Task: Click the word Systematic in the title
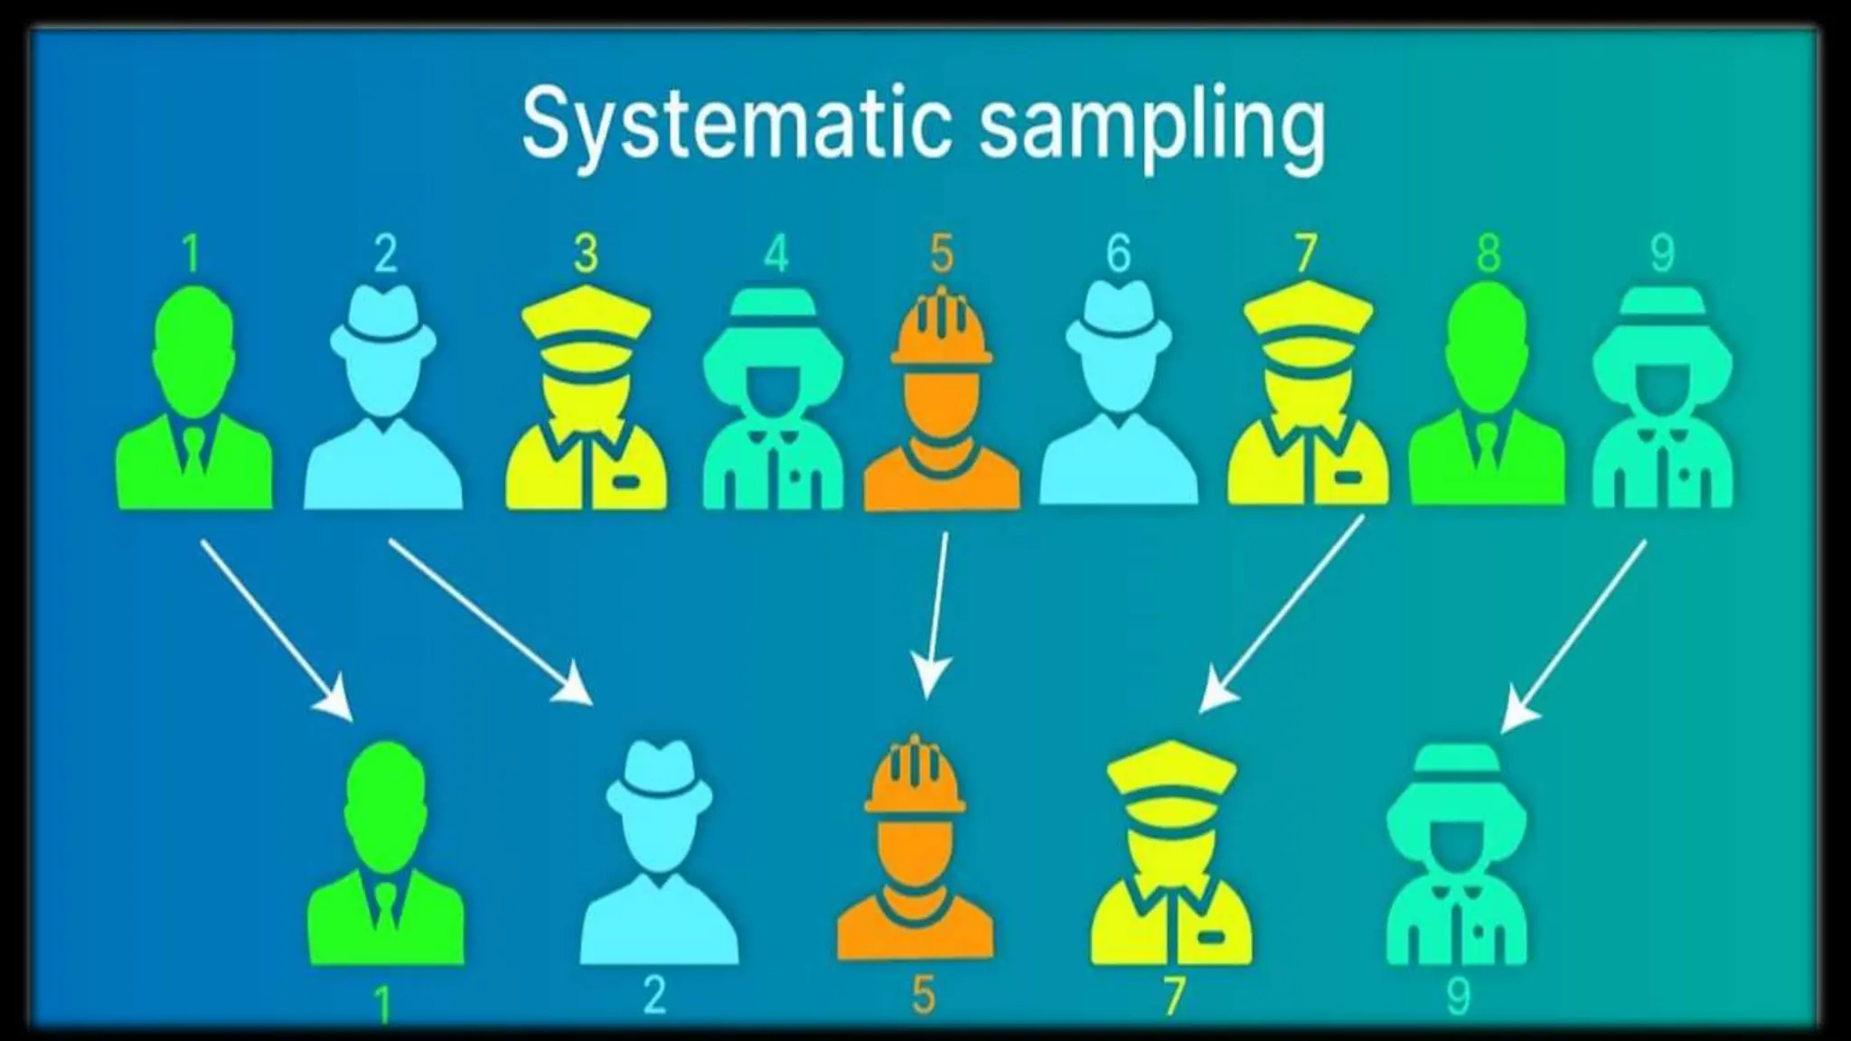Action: pyautogui.click(x=737, y=125)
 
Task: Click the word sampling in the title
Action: pyautogui.click(x=1152, y=127)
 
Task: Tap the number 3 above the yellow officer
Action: pyautogui.click(x=586, y=254)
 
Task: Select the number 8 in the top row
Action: pyautogui.click(x=1488, y=254)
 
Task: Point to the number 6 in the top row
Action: pyautogui.click(x=1118, y=254)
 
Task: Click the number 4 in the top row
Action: pyautogui.click(x=775, y=254)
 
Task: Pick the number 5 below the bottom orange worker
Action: pyautogui.click(x=923, y=995)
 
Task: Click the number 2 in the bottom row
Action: pyautogui.click(x=654, y=995)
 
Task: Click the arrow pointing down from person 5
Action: pyautogui.click(x=936, y=614)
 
